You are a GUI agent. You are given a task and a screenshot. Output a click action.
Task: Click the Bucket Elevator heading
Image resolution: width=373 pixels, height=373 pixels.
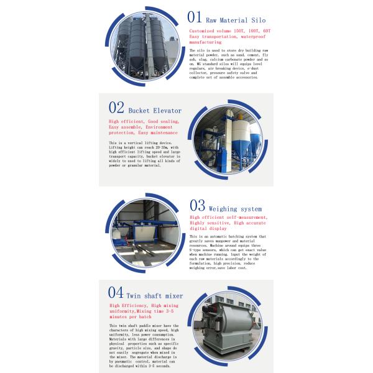[155, 111]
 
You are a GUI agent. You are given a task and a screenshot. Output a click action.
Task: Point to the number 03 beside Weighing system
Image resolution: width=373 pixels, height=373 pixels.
[197, 205]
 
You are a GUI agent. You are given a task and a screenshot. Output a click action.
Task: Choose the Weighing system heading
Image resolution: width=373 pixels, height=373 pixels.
[235, 209]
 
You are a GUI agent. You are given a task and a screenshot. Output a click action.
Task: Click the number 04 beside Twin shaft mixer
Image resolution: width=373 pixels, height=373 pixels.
[116, 292]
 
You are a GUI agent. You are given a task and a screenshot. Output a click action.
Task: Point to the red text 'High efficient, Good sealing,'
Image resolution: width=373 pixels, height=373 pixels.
[144, 121]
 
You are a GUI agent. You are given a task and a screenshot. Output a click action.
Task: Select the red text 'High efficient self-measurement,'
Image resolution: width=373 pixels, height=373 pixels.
[229, 217]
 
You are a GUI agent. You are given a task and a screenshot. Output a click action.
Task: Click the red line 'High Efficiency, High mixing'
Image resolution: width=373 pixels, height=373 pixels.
[145, 306]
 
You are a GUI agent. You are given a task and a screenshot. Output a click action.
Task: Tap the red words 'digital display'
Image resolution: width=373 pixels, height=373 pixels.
[209, 228]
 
